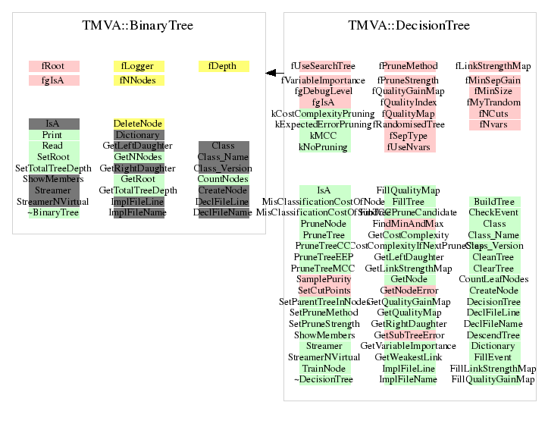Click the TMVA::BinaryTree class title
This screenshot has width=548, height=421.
click(x=137, y=26)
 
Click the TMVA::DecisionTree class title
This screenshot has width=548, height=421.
click(x=409, y=26)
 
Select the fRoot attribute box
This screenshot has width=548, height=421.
click(x=53, y=67)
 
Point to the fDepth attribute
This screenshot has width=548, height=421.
click(x=223, y=67)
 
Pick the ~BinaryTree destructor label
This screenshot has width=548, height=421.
click(x=53, y=213)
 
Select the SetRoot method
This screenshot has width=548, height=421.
click(x=53, y=157)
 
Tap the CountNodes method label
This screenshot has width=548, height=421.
click(x=223, y=179)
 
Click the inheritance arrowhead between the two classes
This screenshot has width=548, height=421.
click(x=271, y=73)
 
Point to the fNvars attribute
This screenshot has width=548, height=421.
click(x=493, y=124)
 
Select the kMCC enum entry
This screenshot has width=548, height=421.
click(x=324, y=135)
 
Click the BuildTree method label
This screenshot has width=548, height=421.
click(x=493, y=202)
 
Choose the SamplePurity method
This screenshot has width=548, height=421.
click(x=324, y=280)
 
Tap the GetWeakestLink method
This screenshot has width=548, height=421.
click(x=409, y=357)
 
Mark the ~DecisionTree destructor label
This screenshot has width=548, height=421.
click(x=324, y=379)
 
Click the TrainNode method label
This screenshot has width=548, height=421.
click(x=324, y=369)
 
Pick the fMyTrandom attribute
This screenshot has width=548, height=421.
click(x=493, y=102)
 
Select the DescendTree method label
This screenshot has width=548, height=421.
click(x=493, y=335)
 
